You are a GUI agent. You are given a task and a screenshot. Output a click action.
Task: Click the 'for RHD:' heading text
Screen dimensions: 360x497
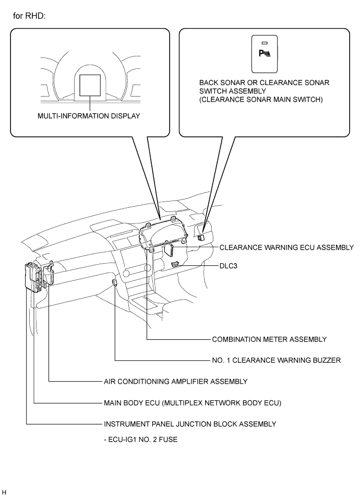[x=29, y=16]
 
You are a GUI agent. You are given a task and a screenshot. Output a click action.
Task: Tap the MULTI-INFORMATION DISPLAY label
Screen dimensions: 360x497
[x=89, y=116]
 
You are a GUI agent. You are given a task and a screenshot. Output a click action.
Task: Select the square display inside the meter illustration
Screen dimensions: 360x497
[x=90, y=85]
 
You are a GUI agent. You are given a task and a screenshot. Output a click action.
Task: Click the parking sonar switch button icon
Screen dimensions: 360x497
[x=265, y=54]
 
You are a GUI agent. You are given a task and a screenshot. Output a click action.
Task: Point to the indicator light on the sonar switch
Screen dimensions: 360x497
[x=265, y=43]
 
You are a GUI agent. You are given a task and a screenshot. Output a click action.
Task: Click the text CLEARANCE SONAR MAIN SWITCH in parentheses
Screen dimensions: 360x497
[x=261, y=100]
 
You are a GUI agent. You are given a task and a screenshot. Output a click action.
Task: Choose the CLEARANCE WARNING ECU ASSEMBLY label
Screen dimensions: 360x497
[x=286, y=247]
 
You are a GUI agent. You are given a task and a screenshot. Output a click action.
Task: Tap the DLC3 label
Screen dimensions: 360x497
[x=228, y=266]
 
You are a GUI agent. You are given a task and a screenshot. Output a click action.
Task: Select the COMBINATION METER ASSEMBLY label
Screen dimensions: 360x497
[x=269, y=339]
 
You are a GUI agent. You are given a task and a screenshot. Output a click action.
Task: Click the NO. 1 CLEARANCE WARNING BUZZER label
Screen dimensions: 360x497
[x=277, y=360]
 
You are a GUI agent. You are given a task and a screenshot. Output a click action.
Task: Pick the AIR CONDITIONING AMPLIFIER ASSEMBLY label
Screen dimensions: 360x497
[x=175, y=382]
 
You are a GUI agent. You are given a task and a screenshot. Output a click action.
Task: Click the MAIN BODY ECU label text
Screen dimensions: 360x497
[x=193, y=403]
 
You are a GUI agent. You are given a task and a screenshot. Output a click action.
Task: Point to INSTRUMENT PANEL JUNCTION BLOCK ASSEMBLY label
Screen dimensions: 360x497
[x=190, y=424]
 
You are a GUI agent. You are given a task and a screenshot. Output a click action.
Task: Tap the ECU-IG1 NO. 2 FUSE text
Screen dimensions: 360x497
[x=140, y=440]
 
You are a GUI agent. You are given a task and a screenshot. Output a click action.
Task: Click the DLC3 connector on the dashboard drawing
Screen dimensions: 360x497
[x=175, y=264]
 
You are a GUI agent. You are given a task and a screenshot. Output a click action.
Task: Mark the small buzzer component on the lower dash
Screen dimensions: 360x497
[x=115, y=282]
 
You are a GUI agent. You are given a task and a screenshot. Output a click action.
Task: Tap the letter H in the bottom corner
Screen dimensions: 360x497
[x=4, y=492]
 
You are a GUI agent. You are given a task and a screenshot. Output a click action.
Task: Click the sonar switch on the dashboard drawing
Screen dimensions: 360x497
[x=201, y=237]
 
